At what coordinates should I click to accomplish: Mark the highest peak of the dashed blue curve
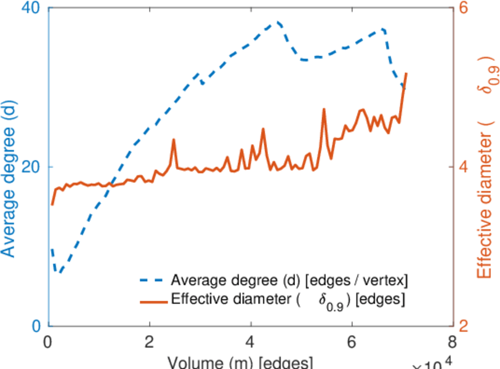pyautogui.click(x=278, y=22)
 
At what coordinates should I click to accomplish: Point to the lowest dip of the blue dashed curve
pyautogui.click(x=59, y=272)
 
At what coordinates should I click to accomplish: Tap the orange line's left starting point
pyautogui.click(x=52, y=204)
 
